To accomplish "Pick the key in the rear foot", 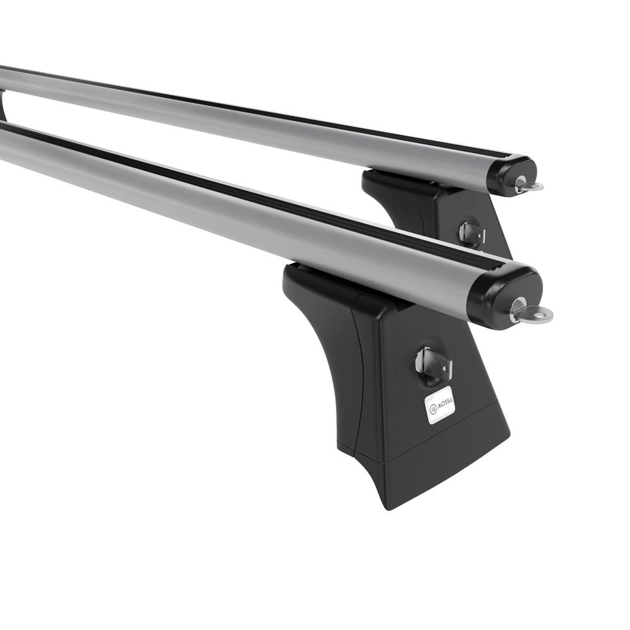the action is [x=472, y=232].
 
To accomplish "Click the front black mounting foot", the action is [x=396, y=382].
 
